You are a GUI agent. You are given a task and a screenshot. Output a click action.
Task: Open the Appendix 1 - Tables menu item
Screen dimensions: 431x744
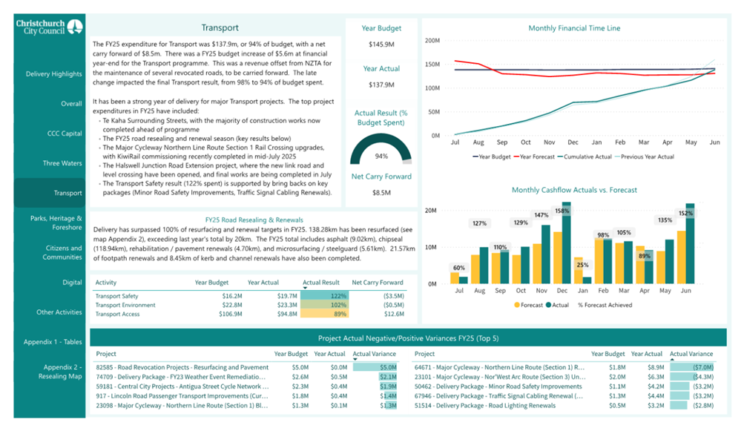pyautogui.click(x=53, y=342)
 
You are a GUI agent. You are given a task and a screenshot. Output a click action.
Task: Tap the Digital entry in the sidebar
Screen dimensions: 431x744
pyautogui.click(x=72, y=283)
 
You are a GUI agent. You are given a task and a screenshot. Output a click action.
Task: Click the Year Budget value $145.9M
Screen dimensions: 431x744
pyautogui.click(x=381, y=45)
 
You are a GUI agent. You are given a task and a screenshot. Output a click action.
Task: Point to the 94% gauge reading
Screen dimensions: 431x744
pyautogui.click(x=381, y=157)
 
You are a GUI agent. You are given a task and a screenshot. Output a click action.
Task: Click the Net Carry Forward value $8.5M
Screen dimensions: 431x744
pyautogui.click(x=381, y=193)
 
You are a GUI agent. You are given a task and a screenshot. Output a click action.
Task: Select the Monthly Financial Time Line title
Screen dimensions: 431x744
pyautogui.click(x=574, y=28)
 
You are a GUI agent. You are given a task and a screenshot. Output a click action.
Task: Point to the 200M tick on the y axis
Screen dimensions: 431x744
pyautogui.click(x=432, y=40)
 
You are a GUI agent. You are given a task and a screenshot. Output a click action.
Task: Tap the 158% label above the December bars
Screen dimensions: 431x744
pyautogui.click(x=562, y=211)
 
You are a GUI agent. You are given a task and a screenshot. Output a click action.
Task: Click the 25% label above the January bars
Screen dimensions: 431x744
pyautogui.click(x=582, y=265)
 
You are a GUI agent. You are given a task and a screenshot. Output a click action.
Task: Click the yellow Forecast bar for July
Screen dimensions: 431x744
pyautogui.click(x=454, y=278)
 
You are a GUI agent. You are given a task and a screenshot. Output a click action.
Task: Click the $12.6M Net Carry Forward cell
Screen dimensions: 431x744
pyautogui.click(x=392, y=314)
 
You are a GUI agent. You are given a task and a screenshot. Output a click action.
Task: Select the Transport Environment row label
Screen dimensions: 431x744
pyautogui.click(x=125, y=305)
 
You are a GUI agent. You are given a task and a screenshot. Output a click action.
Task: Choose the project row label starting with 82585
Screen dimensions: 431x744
pyautogui.click(x=182, y=366)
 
